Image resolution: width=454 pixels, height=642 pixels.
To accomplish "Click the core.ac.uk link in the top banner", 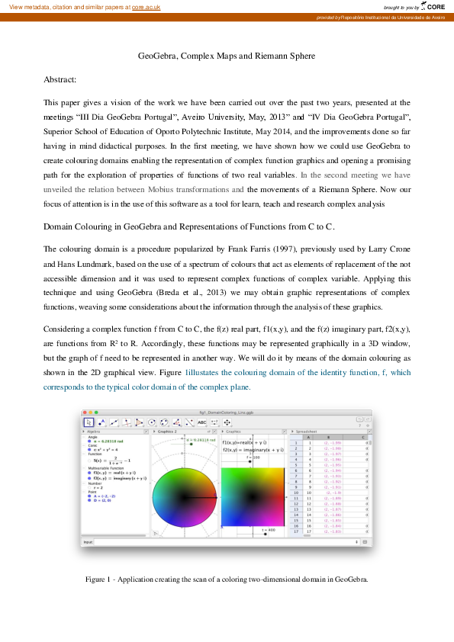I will click(147, 6).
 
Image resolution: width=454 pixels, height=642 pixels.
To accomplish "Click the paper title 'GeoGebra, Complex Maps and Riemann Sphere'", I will click(226, 56).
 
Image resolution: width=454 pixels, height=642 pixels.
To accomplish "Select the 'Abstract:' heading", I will click(60, 79).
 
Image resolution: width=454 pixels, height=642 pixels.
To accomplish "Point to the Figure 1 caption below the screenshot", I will click(227, 579).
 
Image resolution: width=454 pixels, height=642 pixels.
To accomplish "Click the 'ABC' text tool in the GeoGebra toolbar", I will click(202, 422).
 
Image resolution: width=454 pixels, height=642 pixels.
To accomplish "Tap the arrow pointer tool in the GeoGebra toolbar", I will click(89, 422).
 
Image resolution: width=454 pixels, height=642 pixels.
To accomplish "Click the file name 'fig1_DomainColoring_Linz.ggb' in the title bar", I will click(227, 411).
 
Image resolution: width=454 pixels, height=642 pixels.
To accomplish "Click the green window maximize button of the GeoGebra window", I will click(96, 412).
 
